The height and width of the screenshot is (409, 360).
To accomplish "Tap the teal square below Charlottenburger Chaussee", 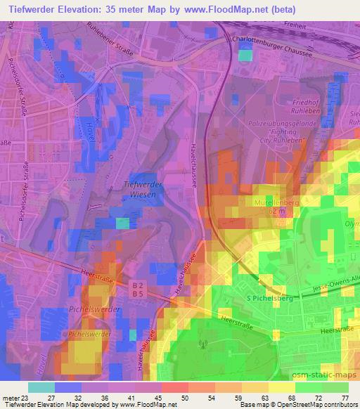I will point(245,55).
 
